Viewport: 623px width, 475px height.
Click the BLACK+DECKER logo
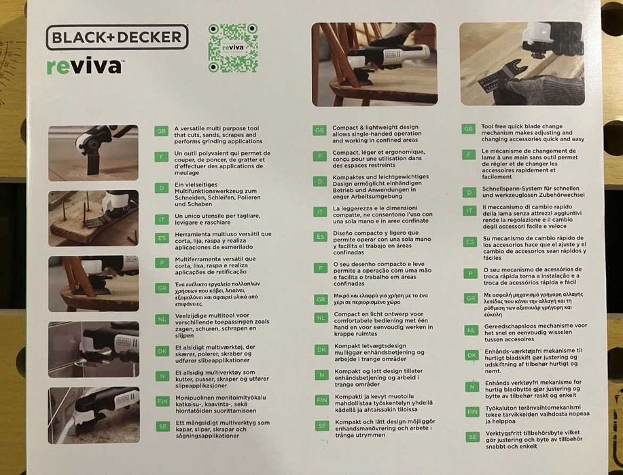[117, 38]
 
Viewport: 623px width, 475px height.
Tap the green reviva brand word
[84, 66]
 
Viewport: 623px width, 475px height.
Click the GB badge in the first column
[161, 130]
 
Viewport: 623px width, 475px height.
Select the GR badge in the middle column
[321, 299]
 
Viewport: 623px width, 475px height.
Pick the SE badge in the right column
[471, 437]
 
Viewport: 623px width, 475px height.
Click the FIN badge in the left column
[161, 402]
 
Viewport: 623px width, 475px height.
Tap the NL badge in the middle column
[321, 318]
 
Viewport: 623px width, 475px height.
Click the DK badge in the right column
[471, 355]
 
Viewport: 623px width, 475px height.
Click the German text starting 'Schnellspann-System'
[532, 193]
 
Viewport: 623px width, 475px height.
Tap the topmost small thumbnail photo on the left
[93, 153]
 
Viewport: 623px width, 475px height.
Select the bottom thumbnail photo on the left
[93, 415]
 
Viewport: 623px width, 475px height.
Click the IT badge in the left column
[161, 218]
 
